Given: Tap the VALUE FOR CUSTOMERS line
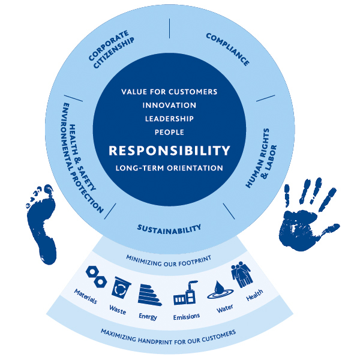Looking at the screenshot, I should click(x=169, y=92).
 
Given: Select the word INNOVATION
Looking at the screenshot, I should click(x=169, y=105).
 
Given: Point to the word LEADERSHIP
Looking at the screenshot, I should click(x=169, y=118).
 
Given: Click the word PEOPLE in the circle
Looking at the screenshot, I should click(x=169, y=131).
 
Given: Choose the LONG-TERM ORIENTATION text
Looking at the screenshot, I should click(x=169, y=167).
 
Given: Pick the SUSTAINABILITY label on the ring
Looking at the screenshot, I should click(x=169, y=229).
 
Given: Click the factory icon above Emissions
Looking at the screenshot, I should click(x=184, y=294).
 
